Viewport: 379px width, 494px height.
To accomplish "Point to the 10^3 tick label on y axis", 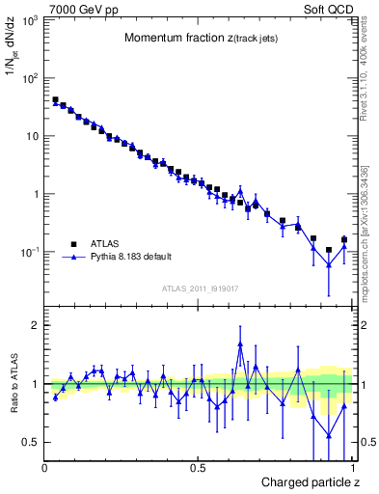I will (29, 20).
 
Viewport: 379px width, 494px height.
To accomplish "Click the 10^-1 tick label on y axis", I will (29, 252).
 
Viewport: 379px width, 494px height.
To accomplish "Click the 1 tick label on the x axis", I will (349, 469).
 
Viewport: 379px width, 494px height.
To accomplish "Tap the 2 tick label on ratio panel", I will (35, 325).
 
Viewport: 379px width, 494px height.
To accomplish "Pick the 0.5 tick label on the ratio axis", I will (31, 442).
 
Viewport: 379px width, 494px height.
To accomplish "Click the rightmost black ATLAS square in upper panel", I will (344, 239).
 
